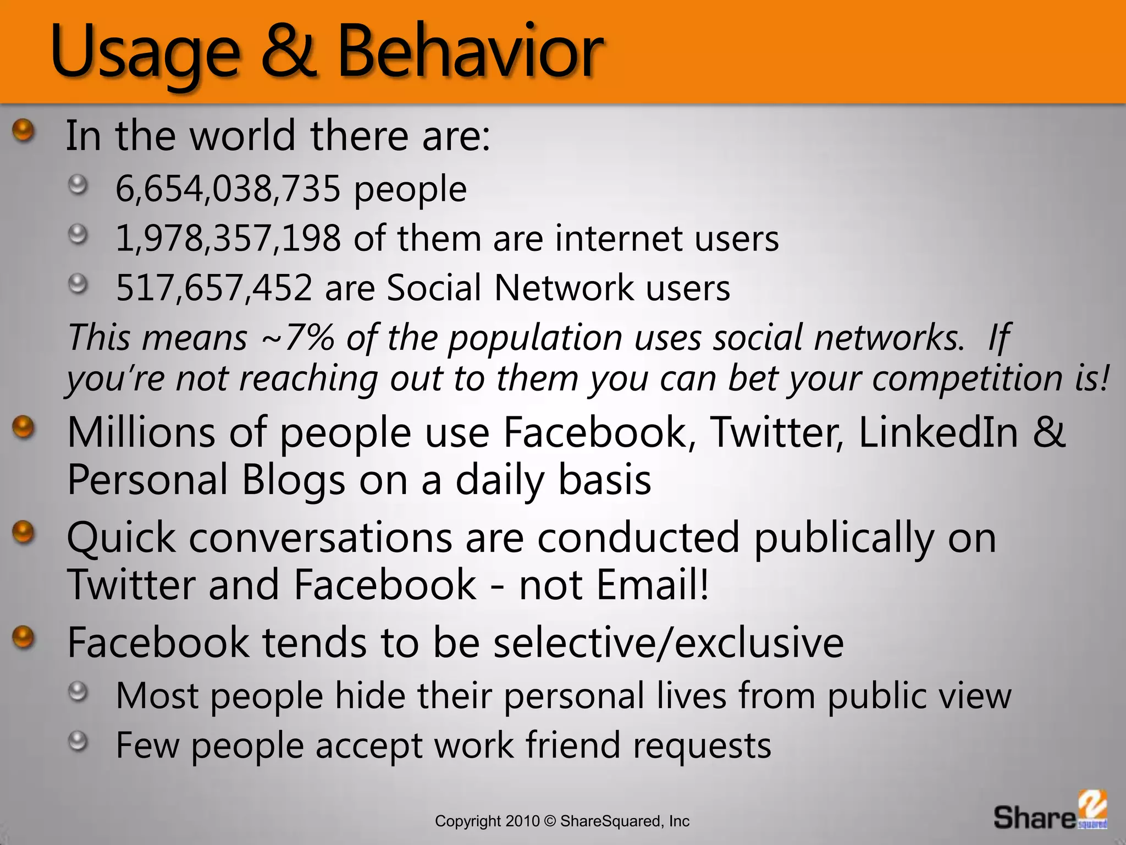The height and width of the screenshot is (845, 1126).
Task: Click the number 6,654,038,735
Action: (228, 189)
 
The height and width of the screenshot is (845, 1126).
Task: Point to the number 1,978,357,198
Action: (228, 238)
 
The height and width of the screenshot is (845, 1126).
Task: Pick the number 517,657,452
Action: (214, 288)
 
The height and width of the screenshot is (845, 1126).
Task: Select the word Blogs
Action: (294, 480)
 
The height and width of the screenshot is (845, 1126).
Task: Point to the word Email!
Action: (653, 584)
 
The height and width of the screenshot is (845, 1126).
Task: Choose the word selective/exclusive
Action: (668, 642)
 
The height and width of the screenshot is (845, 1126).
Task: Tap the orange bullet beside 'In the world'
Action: (23, 131)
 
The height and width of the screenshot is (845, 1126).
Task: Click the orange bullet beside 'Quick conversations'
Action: (23, 533)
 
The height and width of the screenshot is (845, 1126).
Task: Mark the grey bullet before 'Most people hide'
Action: (78, 692)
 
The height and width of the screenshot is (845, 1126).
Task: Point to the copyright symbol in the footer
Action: (550, 821)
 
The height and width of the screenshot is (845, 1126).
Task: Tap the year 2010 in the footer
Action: (523, 821)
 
